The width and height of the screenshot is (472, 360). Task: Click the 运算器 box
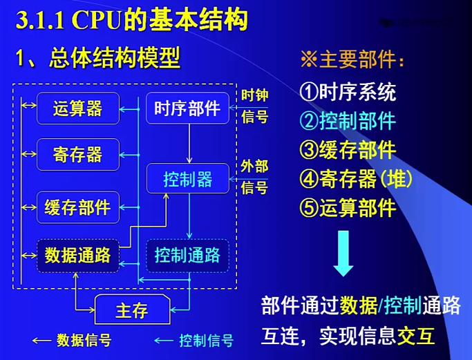click(x=77, y=108)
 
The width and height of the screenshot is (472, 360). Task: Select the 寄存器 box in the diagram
click(x=77, y=154)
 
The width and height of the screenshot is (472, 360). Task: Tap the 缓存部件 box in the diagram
click(x=77, y=206)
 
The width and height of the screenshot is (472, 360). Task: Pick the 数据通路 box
click(x=77, y=255)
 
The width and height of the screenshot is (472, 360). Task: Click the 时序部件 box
click(x=187, y=108)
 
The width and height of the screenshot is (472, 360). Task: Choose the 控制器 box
click(x=187, y=180)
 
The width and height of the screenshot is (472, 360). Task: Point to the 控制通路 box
click(x=187, y=255)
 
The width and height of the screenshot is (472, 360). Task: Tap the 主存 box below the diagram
click(x=131, y=310)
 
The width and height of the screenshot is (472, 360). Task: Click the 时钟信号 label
click(x=254, y=106)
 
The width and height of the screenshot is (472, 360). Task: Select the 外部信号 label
click(x=254, y=176)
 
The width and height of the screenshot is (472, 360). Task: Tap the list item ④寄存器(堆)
click(x=356, y=179)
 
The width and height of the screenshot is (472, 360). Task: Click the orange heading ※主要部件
click(x=352, y=60)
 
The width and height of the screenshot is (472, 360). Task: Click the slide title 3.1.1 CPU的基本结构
click(x=132, y=20)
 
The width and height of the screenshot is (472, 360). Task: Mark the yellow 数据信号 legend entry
click(x=72, y=340)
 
